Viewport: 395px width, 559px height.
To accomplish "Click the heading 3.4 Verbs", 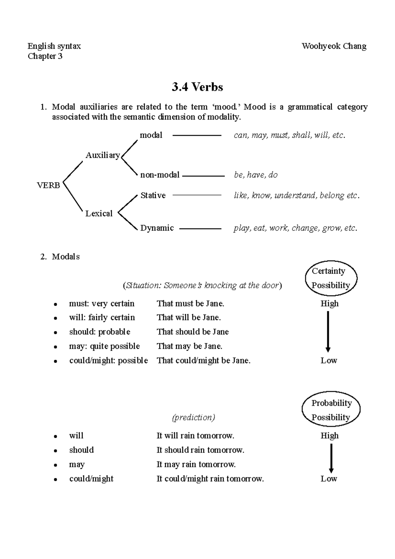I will click(x=197, y=87).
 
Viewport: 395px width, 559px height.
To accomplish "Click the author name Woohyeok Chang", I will click(x=334, y=46).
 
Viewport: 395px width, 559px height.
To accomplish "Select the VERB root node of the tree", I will click(x=48, y=185).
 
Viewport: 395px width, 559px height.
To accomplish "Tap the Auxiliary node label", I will click(x=102, y=155).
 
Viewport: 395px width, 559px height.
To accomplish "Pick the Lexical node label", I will click(x=99, y=213).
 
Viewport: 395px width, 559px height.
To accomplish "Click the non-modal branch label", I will click(x=160, y=175).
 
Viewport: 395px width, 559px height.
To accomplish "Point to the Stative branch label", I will click(x=153, y=195).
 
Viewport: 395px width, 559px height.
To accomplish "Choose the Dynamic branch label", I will click(x=157, y=228).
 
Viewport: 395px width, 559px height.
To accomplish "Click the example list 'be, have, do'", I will click(x=255, y=175).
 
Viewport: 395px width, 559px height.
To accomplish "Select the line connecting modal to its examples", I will click(x=197, y=135).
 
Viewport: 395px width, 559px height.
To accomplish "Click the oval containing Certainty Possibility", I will click(x=330, y=278).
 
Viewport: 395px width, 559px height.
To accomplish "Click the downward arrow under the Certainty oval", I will click(x=328, y=331).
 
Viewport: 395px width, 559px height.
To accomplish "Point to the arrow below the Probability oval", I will click(x=331, y=458).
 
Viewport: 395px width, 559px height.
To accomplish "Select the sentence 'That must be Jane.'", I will click(x=190, y=303).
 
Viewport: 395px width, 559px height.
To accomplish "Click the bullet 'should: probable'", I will click(x=99, y=332).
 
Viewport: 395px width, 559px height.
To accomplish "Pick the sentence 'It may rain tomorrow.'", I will click(x=196, y=464).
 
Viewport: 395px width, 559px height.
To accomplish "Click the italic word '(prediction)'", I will click(x=193, y=417).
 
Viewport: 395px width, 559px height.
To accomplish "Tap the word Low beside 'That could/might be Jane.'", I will click(x=329, y=360).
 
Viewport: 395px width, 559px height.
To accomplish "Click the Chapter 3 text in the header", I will click(x=45, y=56).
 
